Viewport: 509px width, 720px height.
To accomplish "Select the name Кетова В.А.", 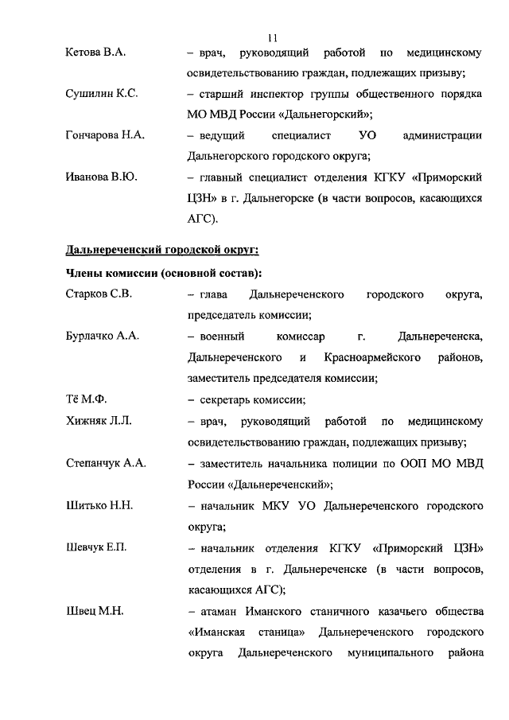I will click(x=96, y=53).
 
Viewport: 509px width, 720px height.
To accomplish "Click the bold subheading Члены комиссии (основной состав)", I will click(x=164, y=274).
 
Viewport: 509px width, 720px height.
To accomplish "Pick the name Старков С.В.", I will click(x=99, y=294).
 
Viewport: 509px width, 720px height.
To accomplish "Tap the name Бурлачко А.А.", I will click(x=103, y=336).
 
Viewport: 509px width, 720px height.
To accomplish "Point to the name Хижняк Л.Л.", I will click(x=99, y=420).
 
